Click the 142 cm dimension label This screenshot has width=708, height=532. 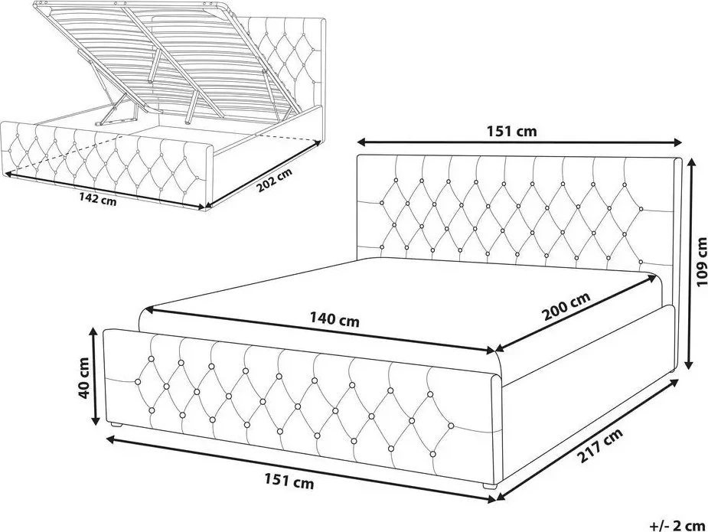97,199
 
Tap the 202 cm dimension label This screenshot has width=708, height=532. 275,180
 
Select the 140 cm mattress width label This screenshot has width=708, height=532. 334,319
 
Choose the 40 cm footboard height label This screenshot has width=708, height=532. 83,378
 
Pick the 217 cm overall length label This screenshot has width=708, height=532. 600,446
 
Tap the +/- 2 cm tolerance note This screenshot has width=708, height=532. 677,525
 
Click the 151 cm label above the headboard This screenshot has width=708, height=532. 511,132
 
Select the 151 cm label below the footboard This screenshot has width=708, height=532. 289,481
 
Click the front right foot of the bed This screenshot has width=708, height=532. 489,486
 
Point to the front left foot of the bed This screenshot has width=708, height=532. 116,425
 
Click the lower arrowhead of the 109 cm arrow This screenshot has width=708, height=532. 689,364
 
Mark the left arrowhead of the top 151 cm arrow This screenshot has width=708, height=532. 361,142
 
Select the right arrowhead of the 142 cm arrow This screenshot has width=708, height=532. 201,207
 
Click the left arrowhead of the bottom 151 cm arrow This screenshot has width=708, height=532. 110,438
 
